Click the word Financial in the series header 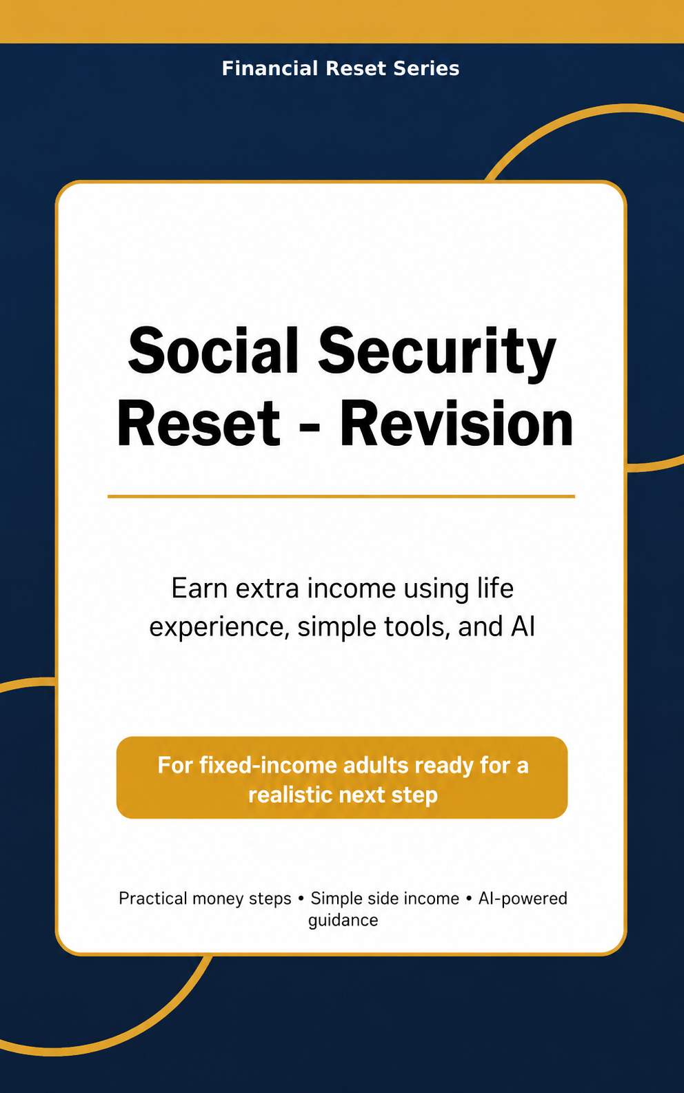pyautogui.click(x=270, y=68)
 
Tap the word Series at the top pyautogui.click(x=426, y=68)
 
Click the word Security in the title pyautogui.click(x=437, y=354)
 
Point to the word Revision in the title pyautogui.click(x=456, y=422)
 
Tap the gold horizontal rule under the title pyautogui.click(x=341, y=496)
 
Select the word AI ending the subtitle pyautogui.click(x=523, y=626)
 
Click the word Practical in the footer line pyautogui.click(x=153, y=898)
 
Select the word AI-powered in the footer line pyautogui.click(x=523, y=899)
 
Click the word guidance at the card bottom pyautogui.click(x=343, y=921)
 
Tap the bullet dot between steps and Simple pyautogui.click(x=301, y=899)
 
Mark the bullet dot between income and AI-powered pyautogui.click(x=469, y=899)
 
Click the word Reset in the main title pyautogui.click(x=199, y=422)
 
